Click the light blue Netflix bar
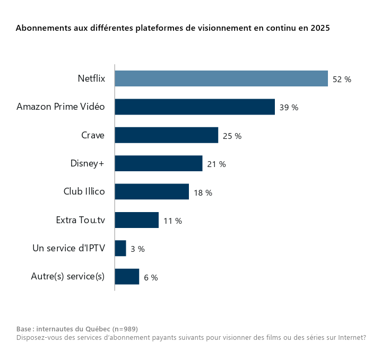(x=221, y=78)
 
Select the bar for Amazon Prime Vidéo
(x=195, y=107)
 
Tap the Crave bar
(x=166, y=135)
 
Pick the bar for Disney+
(x=158, y=163)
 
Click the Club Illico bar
(x=152, y=191)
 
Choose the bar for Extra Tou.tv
(x=136, y=220)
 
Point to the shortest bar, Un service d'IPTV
(x=120, y=248)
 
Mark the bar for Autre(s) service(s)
(x=127, y=277)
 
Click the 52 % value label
(x=342, y=80)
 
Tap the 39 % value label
(x=289, y=108)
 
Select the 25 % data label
(x=232, y=136)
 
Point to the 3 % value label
(x=137, y=249)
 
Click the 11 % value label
(x=172, y=221)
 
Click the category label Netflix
(x=91, y=78)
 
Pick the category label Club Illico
(x=84, y=191)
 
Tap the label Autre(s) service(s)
(x=68, y=276)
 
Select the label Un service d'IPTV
(x=68, y=248)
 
